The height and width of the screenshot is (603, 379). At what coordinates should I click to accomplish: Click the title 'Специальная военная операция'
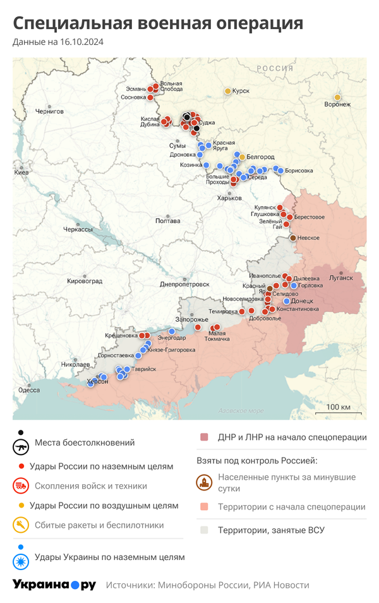click(158, 23)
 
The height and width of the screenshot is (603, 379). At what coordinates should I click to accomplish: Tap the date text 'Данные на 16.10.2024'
click(58, 42)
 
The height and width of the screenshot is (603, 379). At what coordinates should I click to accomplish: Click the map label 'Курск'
click(241, 91)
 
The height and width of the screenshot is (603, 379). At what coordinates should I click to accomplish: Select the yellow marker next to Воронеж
click(337, 97)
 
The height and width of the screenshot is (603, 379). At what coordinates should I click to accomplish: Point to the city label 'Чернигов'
click(49, 111)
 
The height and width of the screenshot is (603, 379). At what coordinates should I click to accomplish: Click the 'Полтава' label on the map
click(168, 221)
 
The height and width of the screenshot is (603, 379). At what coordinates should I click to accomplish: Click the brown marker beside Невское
click(292, 238)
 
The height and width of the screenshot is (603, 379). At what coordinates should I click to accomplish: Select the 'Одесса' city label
click(29, 390)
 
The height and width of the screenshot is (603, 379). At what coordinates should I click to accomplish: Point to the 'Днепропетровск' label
click(184, 284)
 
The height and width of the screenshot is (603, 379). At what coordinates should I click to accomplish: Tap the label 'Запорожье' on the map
click(188, 320)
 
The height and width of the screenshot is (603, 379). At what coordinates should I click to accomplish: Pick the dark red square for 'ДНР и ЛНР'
click(204, 437)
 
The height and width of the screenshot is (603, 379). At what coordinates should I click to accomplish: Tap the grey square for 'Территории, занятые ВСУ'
click(204, 530)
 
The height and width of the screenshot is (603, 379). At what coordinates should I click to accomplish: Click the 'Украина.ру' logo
click(54, 585)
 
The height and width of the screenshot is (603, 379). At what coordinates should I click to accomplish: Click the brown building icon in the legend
click(204, 484)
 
